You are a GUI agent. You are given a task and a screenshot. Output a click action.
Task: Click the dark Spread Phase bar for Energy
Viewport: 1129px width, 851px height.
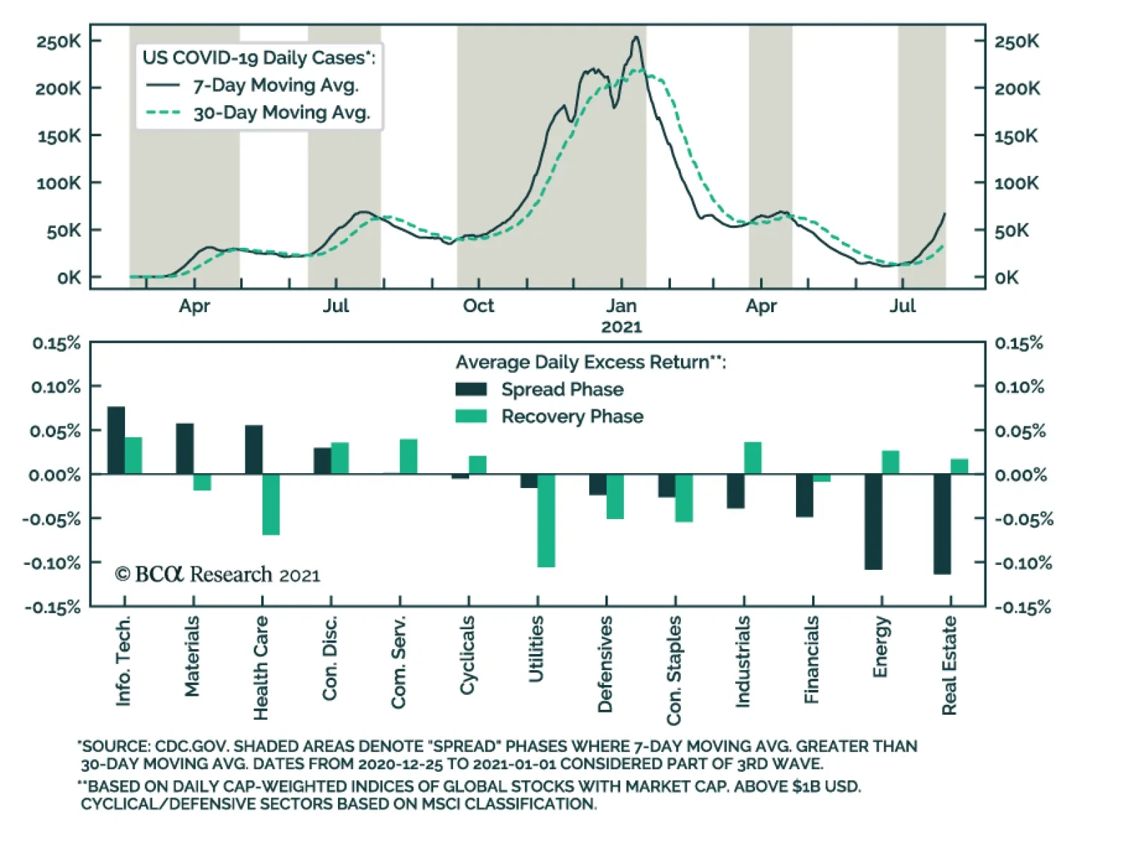[x=873, y=522]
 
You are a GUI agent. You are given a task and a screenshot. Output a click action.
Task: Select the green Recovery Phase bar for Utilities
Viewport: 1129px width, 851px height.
[x=546, y=520]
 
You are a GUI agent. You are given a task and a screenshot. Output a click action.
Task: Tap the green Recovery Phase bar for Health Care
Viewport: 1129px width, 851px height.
[x=271, y=504]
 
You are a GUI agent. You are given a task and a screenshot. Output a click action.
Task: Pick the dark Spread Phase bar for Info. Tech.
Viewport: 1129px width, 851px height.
[x=116, y=440]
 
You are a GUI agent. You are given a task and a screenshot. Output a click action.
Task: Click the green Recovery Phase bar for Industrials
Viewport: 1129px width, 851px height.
[x=752, y=458]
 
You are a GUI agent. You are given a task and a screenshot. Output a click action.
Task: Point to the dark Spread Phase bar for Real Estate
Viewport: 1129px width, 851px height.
[x=942, y=524]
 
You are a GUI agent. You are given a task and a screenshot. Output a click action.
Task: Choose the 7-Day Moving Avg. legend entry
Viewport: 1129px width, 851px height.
[x=275, y=85]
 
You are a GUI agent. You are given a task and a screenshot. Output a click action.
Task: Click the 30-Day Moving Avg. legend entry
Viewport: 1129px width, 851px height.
[x=281, y=113]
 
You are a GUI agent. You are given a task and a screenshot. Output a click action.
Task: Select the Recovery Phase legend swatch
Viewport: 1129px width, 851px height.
[x=471, y=416]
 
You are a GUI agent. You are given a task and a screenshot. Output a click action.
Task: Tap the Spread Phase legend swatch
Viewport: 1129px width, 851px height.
[x=471, y=389]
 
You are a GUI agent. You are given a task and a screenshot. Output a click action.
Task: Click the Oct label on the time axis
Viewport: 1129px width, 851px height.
[x=478, y=306]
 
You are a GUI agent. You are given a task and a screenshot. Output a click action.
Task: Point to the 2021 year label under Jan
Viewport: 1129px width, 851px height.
[x=621, y=327]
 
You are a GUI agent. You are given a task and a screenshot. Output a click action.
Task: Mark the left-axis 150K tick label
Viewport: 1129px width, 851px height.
[x=59, y=136]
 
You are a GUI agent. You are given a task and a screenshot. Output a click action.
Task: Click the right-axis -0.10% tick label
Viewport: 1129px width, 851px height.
[x=1023, y=563]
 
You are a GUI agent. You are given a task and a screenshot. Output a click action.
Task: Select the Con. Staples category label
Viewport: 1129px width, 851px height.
[x=674, y=670]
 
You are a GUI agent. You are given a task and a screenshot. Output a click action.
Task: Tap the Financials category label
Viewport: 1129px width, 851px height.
[x=811, y=660]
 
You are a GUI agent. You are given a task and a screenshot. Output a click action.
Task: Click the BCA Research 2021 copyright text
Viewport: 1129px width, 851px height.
[x=217, y=575]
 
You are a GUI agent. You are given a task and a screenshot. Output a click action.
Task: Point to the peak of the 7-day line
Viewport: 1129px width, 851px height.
[x=636, y=37]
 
